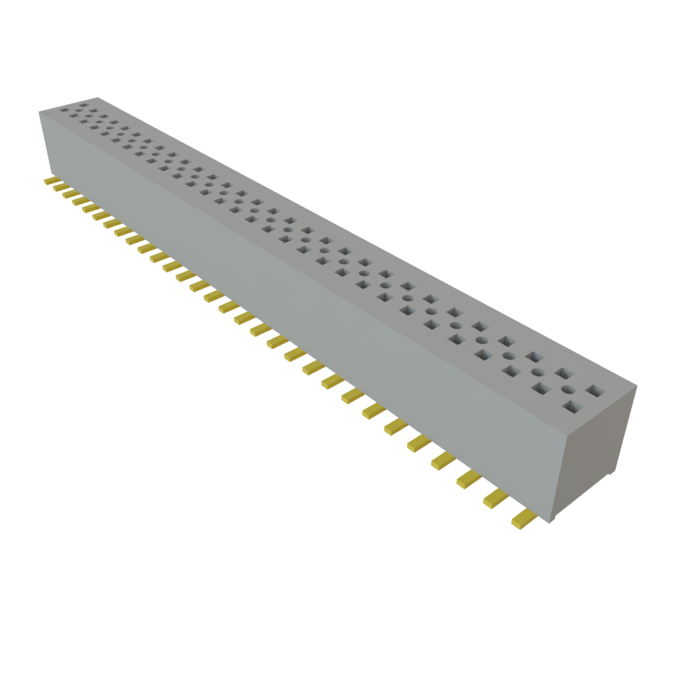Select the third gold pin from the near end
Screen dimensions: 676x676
[x=469, y=479]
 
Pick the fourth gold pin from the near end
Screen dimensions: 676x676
[x=444, y=461]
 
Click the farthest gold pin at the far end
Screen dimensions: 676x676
[x=49, y=180]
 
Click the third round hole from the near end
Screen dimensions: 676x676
[x=509, y=356]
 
